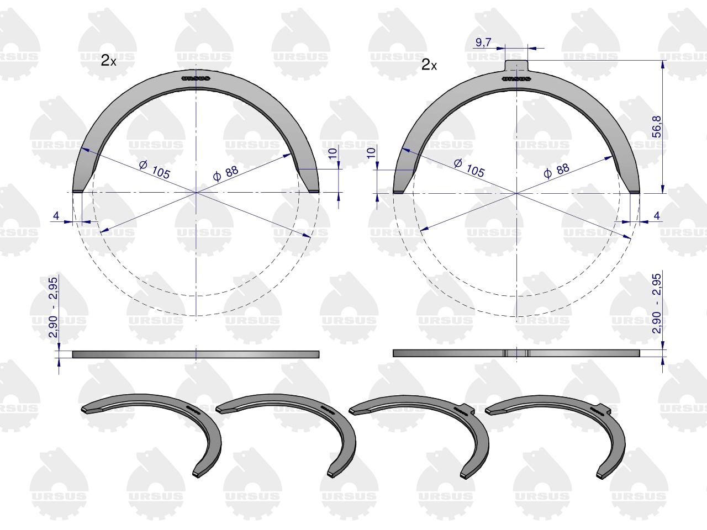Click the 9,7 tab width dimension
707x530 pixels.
coord(483,43)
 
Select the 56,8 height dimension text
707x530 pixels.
coord(656,126)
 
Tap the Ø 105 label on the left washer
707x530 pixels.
coord(155,169)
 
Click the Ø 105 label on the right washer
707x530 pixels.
coord(469,168)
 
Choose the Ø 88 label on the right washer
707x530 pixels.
coord(557,171)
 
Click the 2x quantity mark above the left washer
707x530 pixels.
coord(108,60)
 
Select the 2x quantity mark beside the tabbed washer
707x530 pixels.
coord(429,65)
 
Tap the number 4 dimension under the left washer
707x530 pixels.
coord(56,216)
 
